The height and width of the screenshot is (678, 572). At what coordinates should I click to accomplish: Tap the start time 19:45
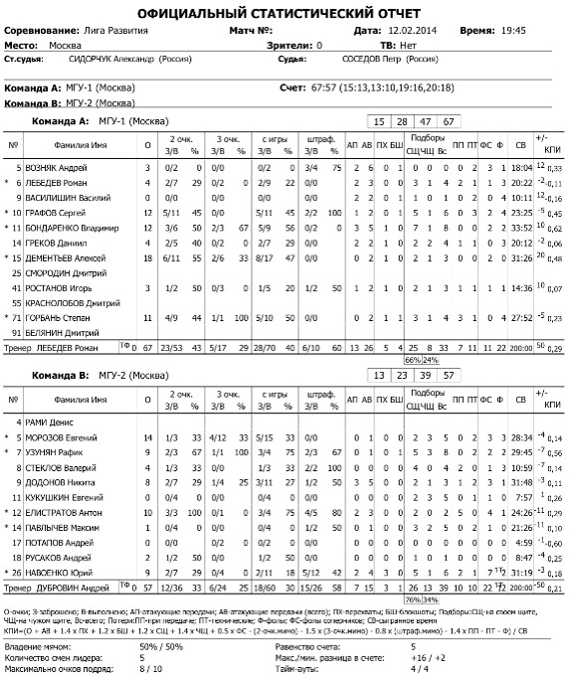click(512, 32)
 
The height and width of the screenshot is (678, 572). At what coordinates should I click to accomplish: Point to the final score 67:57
click(324, 87)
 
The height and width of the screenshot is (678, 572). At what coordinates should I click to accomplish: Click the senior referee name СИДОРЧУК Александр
click(109, 60)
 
